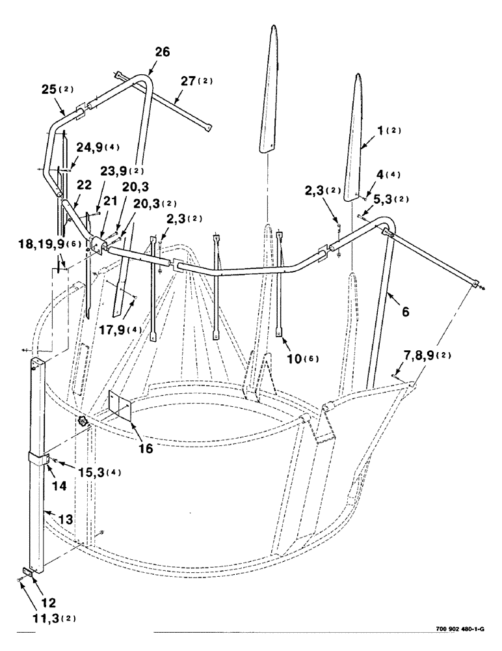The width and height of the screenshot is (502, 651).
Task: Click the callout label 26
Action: (162, 53)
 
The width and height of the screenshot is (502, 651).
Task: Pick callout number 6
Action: (405, 312)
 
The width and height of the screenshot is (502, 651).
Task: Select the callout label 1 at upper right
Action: (378, 130)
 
